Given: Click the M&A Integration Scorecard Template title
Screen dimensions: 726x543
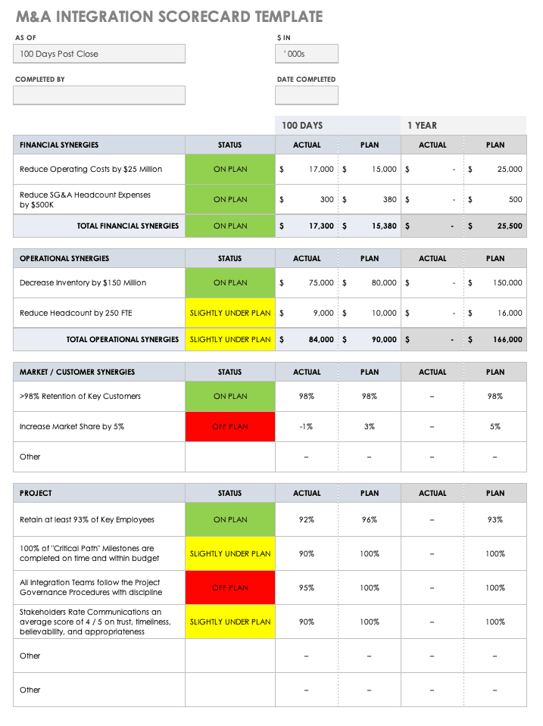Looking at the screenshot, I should [x=168, y=17].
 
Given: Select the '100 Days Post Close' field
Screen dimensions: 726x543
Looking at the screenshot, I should [x=99, y=54].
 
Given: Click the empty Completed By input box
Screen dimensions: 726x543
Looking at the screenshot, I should [x=99, y=95].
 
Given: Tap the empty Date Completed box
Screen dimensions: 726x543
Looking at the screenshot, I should [x=306, y=95].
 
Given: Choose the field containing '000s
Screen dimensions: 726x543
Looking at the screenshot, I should [x=306, y=54].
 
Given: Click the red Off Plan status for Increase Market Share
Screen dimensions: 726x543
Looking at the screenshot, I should [x=230, y=427].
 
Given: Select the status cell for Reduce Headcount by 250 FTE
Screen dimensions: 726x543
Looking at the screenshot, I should [x=230, y=313].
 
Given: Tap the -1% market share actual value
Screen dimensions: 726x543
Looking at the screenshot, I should [x=306, y=427].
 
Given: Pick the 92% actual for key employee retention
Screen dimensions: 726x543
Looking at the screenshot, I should [x=306, y=519].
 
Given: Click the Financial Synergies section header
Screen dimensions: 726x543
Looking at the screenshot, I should [x=59, y=145].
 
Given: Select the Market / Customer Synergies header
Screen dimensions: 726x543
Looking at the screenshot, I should [x=77, y=372].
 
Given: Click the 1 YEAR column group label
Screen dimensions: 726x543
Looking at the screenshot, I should [x=423, y=126].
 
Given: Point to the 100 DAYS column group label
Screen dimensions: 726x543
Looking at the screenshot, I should [x=302, y=126].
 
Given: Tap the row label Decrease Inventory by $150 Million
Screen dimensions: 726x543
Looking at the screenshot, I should [x=83, y=282].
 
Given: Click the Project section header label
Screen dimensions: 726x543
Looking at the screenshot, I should [x=36, y=493].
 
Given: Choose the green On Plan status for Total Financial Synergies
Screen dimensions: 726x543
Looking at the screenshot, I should [x=230, y=226].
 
